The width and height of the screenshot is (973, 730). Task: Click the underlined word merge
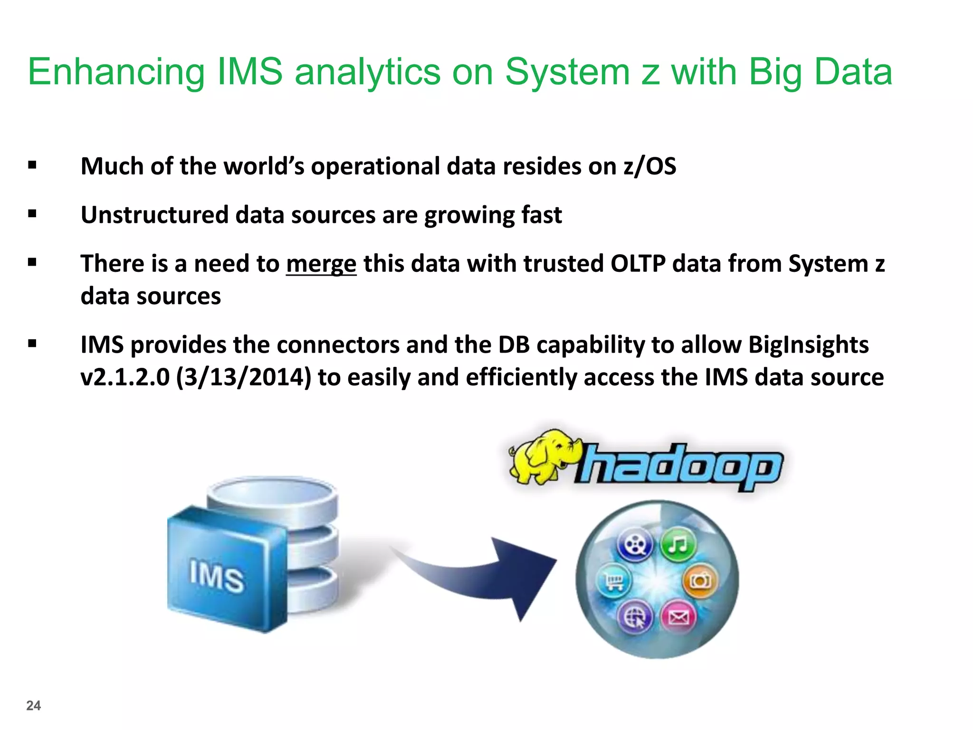321,264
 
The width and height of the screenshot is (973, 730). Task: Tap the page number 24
33,705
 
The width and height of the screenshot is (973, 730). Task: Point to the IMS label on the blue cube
217,576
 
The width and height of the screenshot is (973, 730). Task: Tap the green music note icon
678,544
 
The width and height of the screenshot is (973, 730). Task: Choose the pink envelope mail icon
678,617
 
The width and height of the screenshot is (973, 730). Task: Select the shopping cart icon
613,581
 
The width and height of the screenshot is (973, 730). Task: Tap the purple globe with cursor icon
635,617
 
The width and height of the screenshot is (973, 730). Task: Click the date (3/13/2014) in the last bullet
244,377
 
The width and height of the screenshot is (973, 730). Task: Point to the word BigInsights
808,345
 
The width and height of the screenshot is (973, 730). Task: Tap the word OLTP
638,264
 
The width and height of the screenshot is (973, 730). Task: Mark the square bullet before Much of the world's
32,165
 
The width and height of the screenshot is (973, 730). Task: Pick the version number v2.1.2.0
125,377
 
